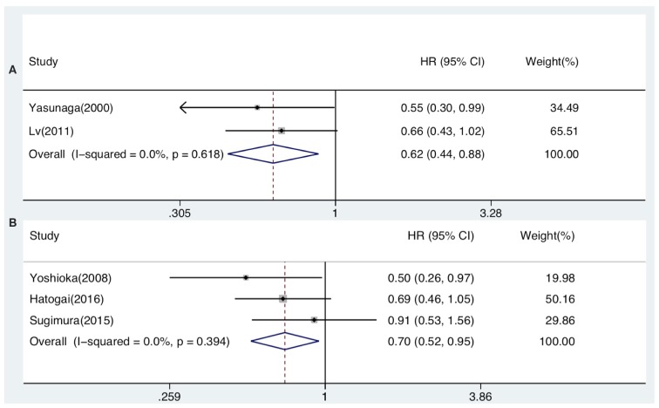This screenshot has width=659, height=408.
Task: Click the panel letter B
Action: [12, 223]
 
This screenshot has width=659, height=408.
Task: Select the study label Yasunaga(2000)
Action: [71, 108]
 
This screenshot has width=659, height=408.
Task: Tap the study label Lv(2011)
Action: [51, 131]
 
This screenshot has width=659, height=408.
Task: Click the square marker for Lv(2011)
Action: [281, 131]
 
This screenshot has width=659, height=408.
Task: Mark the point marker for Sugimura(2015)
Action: [314, 320]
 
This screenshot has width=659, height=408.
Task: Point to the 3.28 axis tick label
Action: [491, 211]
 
